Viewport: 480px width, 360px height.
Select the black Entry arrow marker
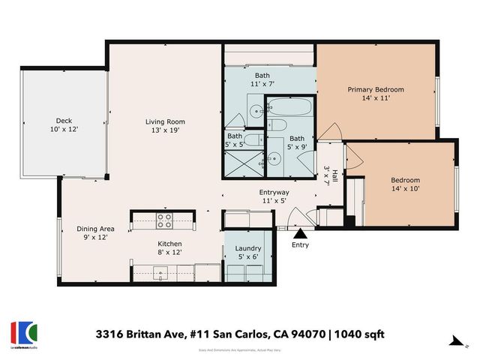click(x=299, y=234)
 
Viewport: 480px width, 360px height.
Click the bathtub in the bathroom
click(x=289, y=107)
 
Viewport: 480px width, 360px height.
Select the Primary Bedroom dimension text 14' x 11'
click(x=375, y=97)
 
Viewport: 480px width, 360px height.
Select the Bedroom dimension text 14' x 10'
click(x=405, y=189)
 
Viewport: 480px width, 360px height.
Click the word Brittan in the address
click(x=145, y=332)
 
